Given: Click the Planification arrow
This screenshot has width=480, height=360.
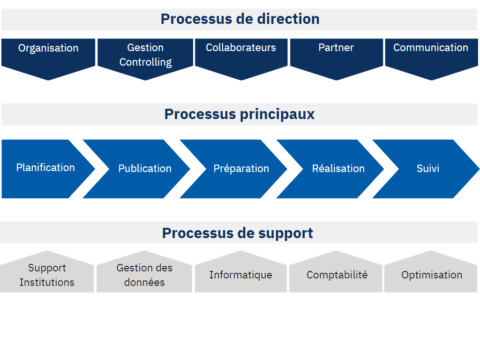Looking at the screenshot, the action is pos(46,169).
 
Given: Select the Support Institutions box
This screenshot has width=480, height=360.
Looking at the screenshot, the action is pos(47,272).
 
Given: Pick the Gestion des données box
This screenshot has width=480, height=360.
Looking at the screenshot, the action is pos(144,272).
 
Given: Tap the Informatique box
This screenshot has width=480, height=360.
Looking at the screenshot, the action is pos(241,272).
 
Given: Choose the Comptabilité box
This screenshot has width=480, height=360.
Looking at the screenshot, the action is pos(336,272).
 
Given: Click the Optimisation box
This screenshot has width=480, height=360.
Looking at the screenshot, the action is pos(431,272).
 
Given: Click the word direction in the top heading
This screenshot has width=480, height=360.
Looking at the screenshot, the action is pos(288,19).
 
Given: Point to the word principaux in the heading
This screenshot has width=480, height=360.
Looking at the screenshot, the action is pos(277,115).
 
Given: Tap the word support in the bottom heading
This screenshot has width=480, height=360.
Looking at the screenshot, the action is pos(285,234).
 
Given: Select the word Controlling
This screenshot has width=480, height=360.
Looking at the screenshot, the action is pos(145,62).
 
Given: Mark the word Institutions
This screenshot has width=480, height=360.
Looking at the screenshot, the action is pos(47,282).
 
